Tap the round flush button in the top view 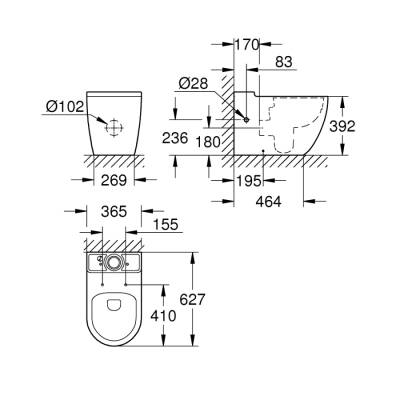coord(114,261)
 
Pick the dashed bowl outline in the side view coord(290,125)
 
